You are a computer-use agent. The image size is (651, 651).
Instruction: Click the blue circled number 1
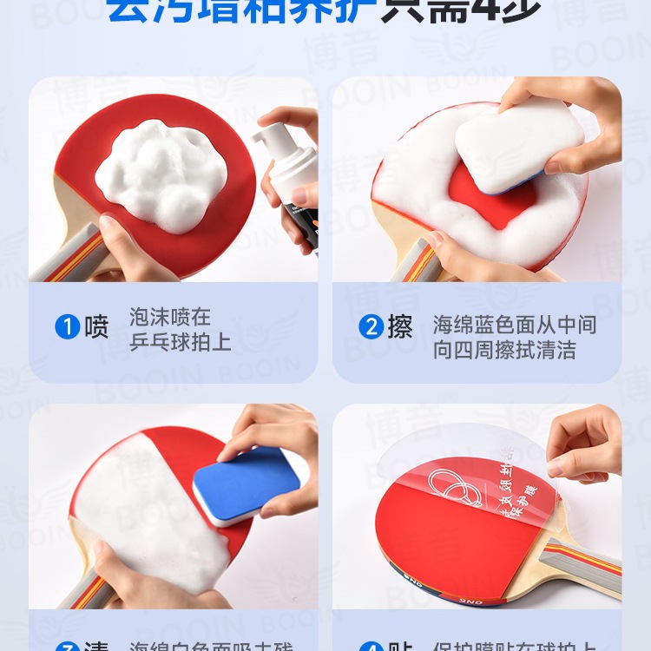coord(68,328)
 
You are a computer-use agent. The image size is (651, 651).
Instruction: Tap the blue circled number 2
coord(372,328)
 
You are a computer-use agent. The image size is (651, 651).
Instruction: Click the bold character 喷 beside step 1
coord(96,328)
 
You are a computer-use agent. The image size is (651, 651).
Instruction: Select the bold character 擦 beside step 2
coord(400,328)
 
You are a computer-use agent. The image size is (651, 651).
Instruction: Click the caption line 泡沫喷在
coord(170,317)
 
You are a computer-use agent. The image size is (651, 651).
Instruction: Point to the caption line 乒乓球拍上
coord(181,342)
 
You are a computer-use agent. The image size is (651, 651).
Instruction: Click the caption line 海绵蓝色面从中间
coord(515,325)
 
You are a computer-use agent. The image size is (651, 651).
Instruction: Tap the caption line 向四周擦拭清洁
coord(504,351)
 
